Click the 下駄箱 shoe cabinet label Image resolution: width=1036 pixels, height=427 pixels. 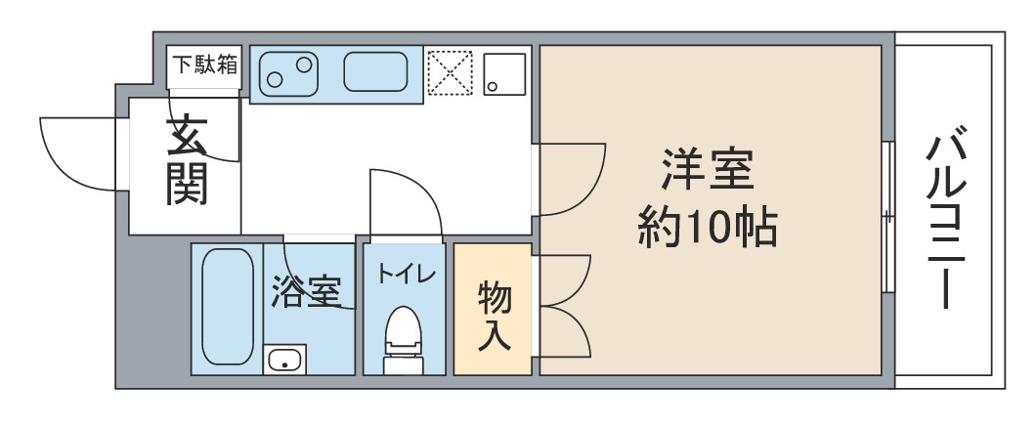(x=204, y=65)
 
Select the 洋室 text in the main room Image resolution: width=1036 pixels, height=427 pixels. (x=708, y=170)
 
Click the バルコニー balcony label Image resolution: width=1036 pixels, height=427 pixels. (x=946, y=222)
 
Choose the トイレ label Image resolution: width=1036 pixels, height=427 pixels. (x=407, y=273)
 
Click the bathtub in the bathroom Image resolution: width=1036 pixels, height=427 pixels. (x=228, y=306)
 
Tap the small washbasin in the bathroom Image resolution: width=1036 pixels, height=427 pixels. (x=284, y=361)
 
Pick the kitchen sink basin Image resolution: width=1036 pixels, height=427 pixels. (x=375, y=71)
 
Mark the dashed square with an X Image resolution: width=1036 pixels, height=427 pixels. (x=450, y=73)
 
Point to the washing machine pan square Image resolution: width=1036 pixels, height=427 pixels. (x=504, y=74)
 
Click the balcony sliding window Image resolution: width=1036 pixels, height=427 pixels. (x=888, y=217)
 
